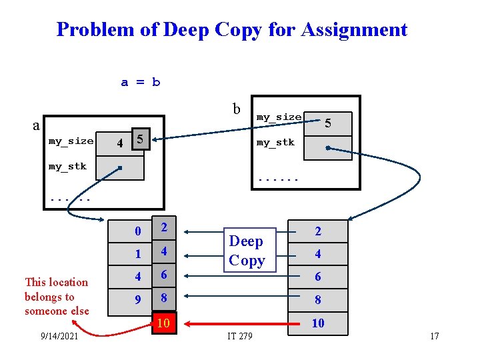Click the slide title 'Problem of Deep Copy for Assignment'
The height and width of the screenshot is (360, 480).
(231, 30)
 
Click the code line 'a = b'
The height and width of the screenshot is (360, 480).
(140, 83)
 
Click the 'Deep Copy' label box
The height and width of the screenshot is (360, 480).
(247, 251)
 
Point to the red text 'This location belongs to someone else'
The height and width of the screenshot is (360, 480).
(56, 297)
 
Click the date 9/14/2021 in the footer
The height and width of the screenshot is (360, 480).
(60, 337)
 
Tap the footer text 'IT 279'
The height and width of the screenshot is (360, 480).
(239, 336)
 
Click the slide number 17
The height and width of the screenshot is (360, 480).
(434, 336)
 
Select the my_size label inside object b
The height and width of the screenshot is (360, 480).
(279, 117)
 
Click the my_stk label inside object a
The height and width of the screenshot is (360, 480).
(67, 166)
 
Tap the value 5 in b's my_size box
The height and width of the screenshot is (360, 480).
(327, 123)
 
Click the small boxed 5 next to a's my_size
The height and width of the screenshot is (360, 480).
(139, 140)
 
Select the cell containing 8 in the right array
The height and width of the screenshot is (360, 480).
(318, 300)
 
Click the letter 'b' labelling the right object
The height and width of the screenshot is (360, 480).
(237, 108)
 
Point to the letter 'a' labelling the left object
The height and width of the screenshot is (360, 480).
(37, 125)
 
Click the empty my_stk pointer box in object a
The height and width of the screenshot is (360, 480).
(119, 168)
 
